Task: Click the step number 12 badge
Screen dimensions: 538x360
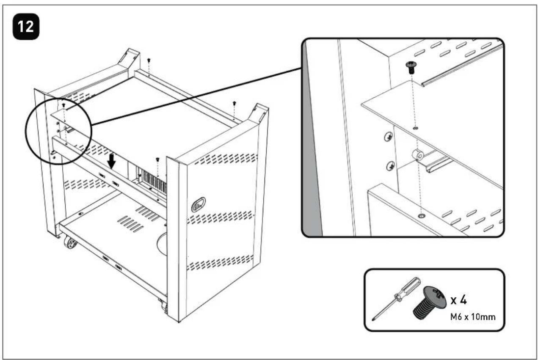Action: (26, 26)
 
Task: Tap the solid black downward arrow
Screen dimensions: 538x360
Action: (111, 161)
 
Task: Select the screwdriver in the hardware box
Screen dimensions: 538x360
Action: (396, 299)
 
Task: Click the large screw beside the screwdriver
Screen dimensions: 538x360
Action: (430, 302)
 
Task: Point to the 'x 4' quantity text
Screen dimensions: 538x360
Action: (458, 300)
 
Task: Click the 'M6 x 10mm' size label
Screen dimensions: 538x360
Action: (473, 317)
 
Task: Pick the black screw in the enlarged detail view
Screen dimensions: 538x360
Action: (411, 67)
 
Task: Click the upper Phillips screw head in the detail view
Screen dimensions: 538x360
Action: (389, 137)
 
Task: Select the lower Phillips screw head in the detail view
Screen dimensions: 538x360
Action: (391, 166)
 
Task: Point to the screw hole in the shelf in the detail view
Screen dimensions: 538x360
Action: (416, 128)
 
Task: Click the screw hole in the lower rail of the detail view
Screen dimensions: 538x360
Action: (422, 216)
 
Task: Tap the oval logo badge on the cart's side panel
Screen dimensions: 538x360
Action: (199, 205)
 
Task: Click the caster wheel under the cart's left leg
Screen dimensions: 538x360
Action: (70, 242)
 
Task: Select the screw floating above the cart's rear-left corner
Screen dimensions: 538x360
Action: (149, 60)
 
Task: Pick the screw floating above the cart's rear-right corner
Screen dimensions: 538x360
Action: (235, 104)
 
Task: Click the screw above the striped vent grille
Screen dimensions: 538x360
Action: (157, 159)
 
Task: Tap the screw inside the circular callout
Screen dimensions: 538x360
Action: (64, 105)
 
